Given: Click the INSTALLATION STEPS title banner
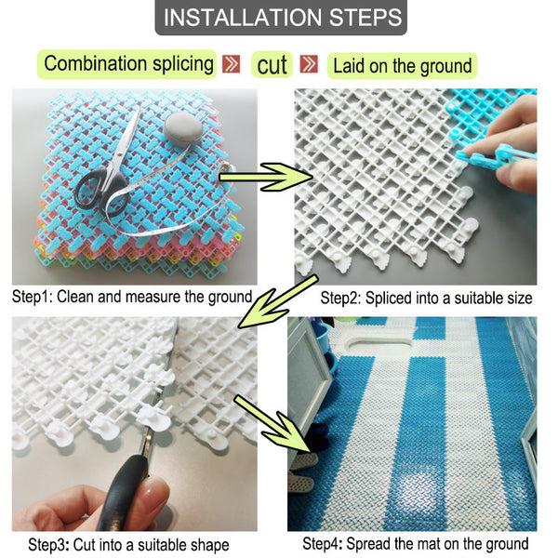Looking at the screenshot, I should (x=279, y=18).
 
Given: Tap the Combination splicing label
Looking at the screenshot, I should (x=129, y=64).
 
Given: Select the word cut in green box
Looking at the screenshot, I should (x=272, y=65).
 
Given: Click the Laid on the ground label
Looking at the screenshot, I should (x=403, y=65).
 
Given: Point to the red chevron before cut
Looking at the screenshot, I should (x=232, y=65).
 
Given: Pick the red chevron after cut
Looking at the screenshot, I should (x=311, y=65).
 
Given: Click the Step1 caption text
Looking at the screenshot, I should (x=132, y=298).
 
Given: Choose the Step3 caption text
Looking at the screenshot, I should (x=128, y=544).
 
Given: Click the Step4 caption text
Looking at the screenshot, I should (x=416, y=544).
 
